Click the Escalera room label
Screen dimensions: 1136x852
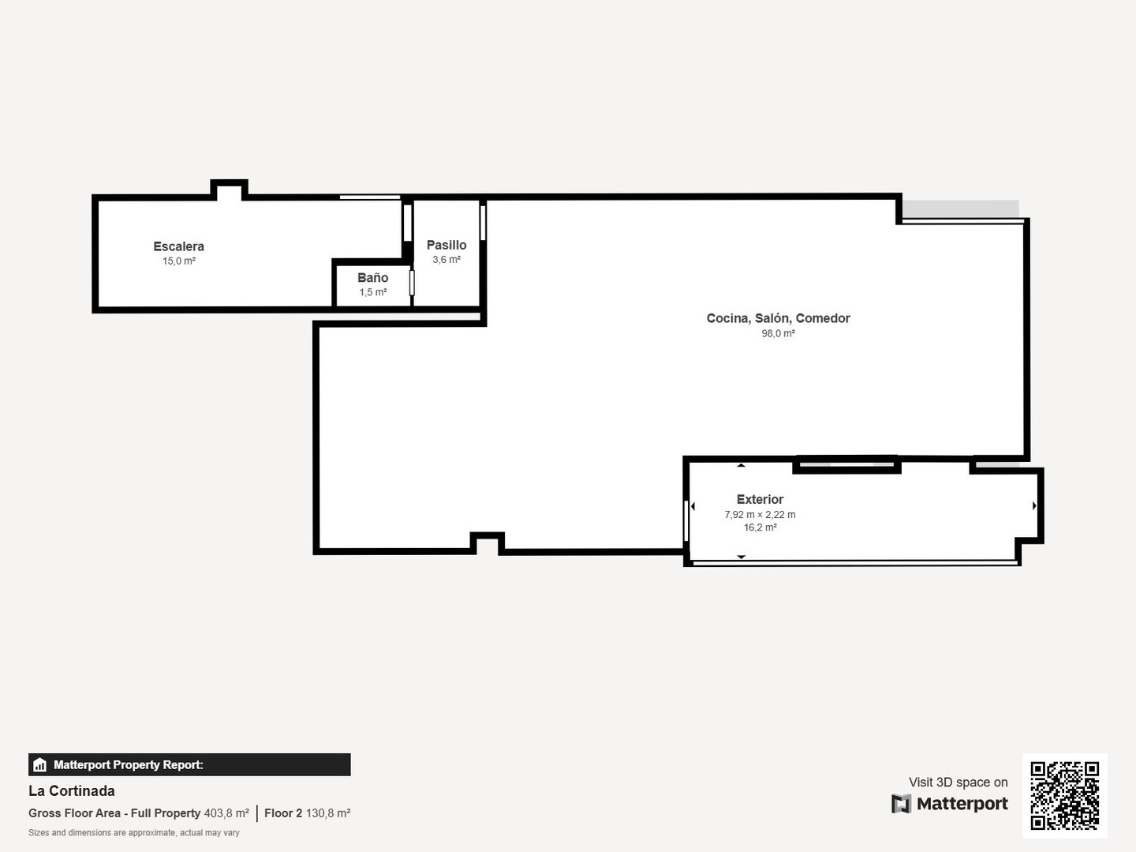coord(178,246)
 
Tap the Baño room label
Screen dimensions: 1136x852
coord(372,278)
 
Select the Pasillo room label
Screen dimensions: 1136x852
coord(447,245)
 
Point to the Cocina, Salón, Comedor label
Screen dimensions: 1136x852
coord(778,318)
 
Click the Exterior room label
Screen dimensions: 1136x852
coord(760,499)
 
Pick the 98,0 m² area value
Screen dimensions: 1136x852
coord(778,333)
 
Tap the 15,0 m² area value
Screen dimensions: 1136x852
coord(179,261)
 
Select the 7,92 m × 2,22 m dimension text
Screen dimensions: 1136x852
coord(760,514)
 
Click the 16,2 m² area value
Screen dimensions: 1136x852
coord(760,527)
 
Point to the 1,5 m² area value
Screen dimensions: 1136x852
coord(373,292)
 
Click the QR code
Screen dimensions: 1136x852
coord(1064,796)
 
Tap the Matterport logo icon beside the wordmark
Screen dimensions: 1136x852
coord(901,804)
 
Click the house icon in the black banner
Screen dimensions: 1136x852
coord(40,764)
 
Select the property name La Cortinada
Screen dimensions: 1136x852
coord(72,791)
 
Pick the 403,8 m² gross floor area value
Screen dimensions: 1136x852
coord(226,813)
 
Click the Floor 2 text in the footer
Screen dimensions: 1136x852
coord(283,813)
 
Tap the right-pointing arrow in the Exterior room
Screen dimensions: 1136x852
coord(1034,505)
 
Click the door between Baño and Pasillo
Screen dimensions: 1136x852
coord(412,283)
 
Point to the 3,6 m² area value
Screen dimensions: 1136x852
coord(447,260)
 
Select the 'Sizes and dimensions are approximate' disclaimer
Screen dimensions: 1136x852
coord(134,833)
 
